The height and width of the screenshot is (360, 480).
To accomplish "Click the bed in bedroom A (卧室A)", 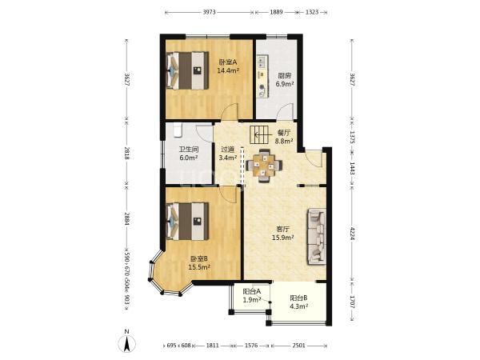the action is tap(187, 70).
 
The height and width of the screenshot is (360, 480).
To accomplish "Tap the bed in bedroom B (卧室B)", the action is tap(187, 222).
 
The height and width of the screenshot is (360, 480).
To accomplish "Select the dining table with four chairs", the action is tap(264, 166).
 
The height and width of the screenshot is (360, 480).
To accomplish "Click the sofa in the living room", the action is tap(317, 236).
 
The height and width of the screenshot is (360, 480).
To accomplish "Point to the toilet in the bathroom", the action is tap(178, 130).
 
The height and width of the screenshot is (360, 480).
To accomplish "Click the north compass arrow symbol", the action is tap(126, 343).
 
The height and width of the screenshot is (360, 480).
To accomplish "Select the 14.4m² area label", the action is tap(228, 71).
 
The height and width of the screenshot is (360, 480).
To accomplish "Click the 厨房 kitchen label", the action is tap(284, 76).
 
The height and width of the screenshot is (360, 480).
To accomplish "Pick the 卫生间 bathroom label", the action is tap(189, 150).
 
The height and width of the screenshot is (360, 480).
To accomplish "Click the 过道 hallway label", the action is tap(228, 150).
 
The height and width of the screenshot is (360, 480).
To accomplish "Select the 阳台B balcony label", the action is tap(298, 298).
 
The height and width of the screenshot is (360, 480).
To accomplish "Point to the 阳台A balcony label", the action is tap(252, 291).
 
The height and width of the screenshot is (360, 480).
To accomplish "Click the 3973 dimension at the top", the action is tap(210, 12).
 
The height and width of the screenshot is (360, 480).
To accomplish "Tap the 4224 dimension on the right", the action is tap(352, 234).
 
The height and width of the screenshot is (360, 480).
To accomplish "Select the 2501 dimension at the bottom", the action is tap(298, 346).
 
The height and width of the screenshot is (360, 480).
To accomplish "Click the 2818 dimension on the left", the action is tap(127, 153).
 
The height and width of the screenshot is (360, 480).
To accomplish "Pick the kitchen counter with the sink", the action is tap(262, 77).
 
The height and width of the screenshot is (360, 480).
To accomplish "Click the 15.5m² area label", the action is tap(199, 267).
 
